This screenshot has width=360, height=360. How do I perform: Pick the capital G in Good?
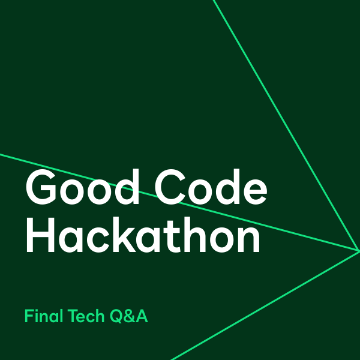40,187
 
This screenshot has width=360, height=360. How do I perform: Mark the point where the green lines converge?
358,251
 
